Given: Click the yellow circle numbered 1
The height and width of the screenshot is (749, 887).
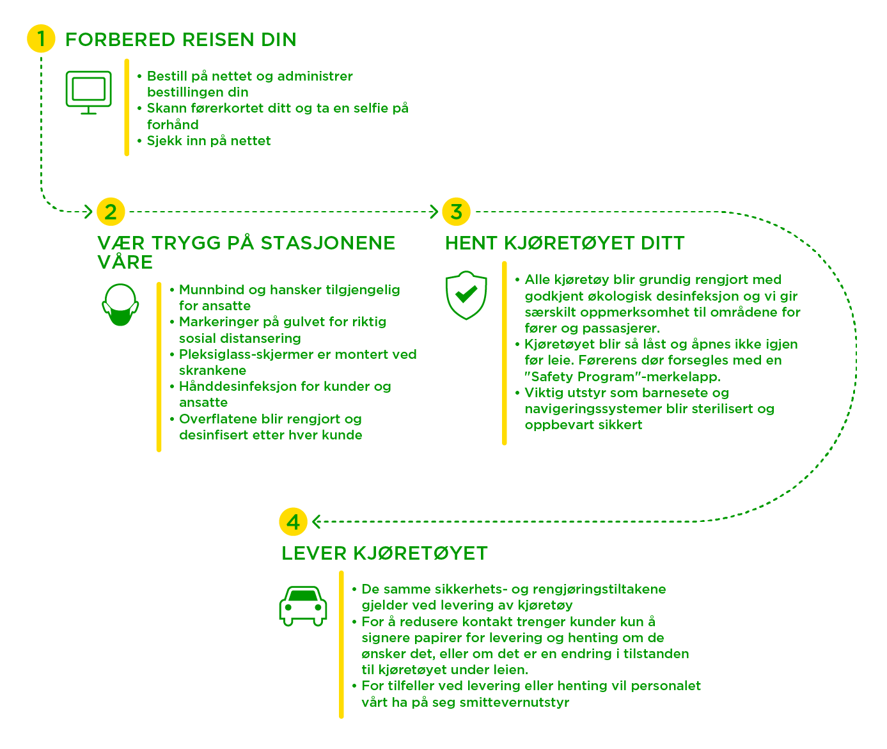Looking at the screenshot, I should point(41,39).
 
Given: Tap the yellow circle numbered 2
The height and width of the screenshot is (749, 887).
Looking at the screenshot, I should point(111,212).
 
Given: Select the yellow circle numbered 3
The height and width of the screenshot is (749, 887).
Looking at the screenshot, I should point(456,212).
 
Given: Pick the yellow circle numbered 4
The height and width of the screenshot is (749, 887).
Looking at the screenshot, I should point(293,522).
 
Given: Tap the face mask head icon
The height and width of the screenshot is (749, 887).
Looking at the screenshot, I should point(120,304).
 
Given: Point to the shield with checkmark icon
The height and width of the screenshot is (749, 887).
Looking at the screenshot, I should point(466,295).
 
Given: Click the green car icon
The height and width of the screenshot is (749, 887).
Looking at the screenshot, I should point(303,605).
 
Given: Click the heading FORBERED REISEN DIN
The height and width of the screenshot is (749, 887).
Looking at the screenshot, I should point(181,40).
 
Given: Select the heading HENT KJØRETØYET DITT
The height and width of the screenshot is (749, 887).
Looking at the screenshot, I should point(565,243).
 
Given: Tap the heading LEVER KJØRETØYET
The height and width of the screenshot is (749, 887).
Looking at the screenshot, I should point(384,553).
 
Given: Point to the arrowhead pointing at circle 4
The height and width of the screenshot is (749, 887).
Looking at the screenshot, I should point(316,522).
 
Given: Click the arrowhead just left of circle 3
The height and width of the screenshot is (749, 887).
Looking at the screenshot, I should point(434,212).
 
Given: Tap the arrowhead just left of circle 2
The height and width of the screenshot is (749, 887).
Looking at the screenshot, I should point(89,212).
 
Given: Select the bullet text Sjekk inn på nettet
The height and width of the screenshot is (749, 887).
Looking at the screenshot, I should point(208,141).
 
